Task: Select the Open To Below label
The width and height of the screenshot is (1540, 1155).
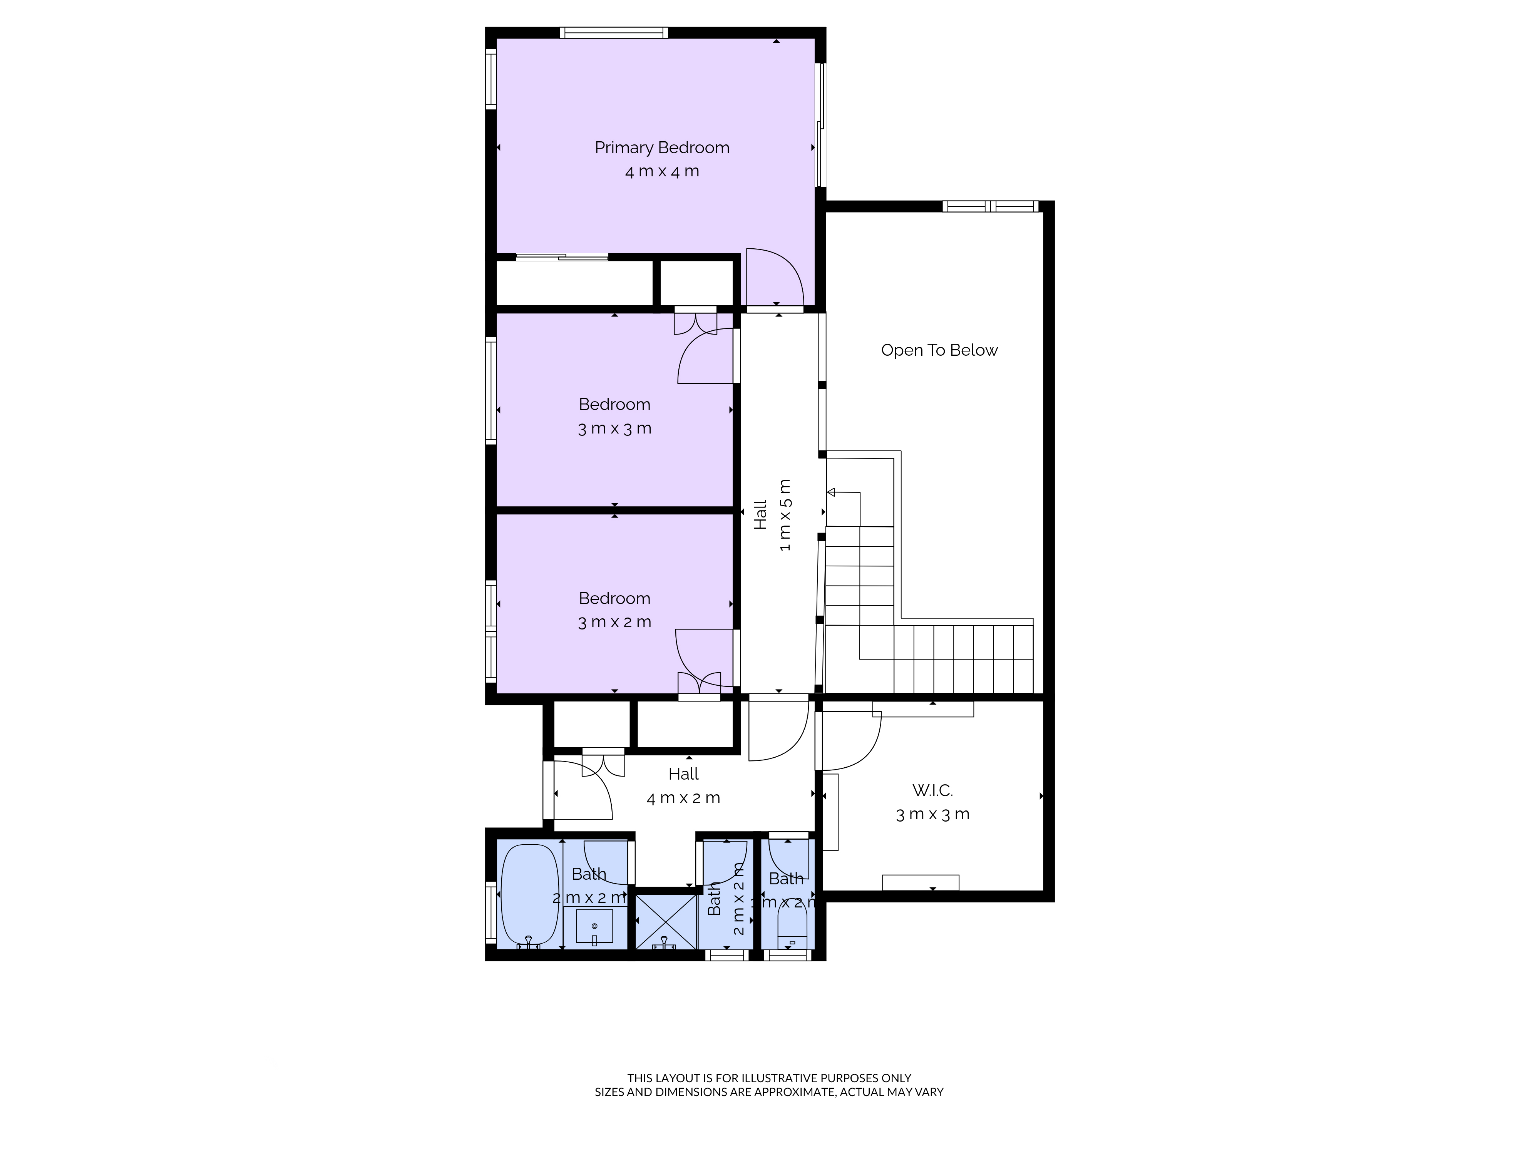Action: pyautogui.click(x=939, y=350)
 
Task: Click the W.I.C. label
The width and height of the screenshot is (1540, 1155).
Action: pyautogui.click(x=932, y=790)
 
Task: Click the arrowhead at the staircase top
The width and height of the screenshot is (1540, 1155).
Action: pyautogui.click(x=830, y=492)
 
